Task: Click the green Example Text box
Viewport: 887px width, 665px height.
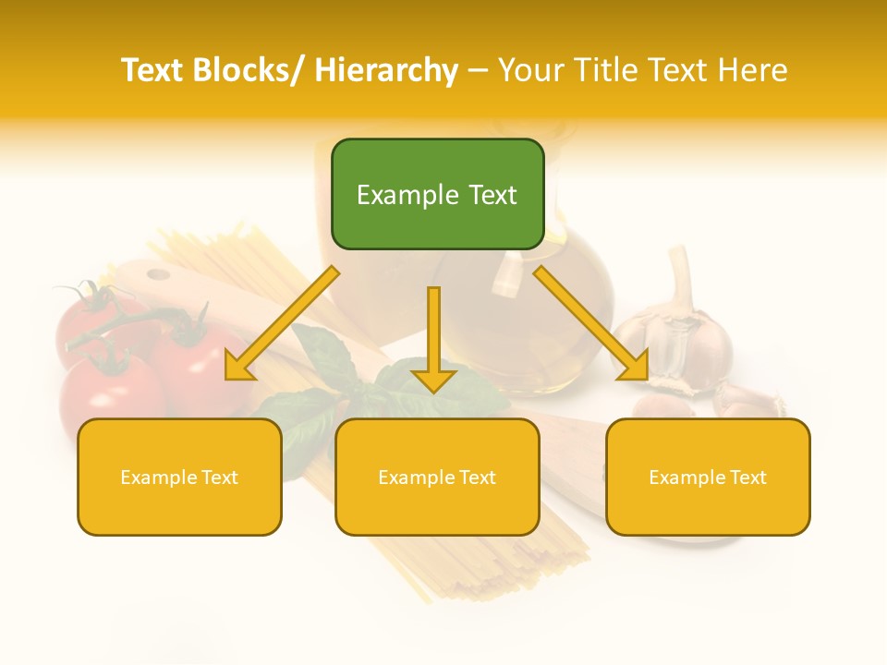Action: [x=437, y=194]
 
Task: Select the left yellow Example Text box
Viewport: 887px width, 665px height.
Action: [x=179, y=477]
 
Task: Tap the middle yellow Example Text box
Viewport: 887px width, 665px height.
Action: [x=437, y=477]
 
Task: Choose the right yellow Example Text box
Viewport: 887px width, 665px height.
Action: [x=708, y=477]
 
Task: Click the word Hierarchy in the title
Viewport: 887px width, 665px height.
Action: [x=385, y=70]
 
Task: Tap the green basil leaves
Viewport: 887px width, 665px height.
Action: [x=323, y=388]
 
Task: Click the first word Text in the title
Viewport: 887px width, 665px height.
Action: [x=152, y=70]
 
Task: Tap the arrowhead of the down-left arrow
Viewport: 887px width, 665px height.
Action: [x=239, y=368]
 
